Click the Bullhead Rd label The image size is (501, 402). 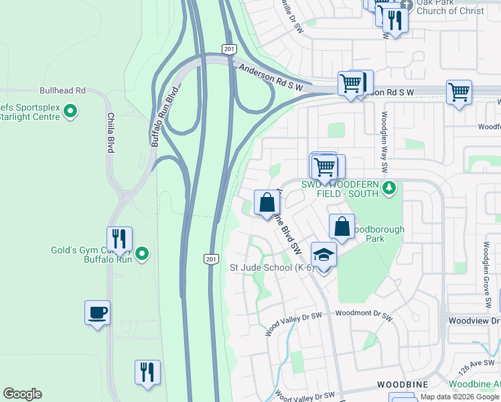click(x=62, y=90)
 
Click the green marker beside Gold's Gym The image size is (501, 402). click(x=141, y=254)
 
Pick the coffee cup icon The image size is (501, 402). click(x=97, y=312)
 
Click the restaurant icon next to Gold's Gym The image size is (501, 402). click(x=119, y=239)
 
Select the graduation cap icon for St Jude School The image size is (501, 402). click(x=324, y=255)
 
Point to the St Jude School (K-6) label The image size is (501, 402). click(x=272, y=268)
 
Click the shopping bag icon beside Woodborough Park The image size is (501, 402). click(x=342, y=226)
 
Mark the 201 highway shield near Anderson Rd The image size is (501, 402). click(x=228, y=50)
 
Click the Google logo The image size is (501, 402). click(x=22, y=394)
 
